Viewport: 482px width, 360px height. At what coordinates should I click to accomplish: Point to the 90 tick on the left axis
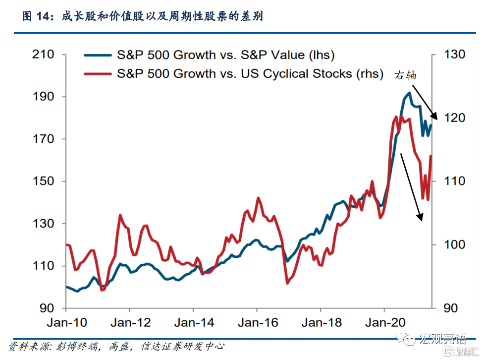(x=48, y=308)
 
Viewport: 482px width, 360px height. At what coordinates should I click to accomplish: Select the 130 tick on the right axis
(x=455, y=54)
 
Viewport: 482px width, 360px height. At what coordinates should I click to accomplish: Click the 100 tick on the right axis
(x=455, y=245)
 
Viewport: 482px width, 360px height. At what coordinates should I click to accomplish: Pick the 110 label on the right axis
(x=455, y=181)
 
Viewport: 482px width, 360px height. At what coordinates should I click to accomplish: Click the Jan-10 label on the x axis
(x=67, y=323)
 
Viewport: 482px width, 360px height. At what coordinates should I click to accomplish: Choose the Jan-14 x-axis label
(x=194, y=323)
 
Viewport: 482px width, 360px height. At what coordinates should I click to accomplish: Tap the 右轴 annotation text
(x=406, y=76)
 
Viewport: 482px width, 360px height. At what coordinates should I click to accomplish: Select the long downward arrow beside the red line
(x=411, y=186)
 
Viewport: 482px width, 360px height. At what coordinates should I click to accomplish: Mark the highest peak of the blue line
(x=409, y=93)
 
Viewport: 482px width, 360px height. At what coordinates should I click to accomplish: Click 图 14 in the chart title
(x=37, y=17)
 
